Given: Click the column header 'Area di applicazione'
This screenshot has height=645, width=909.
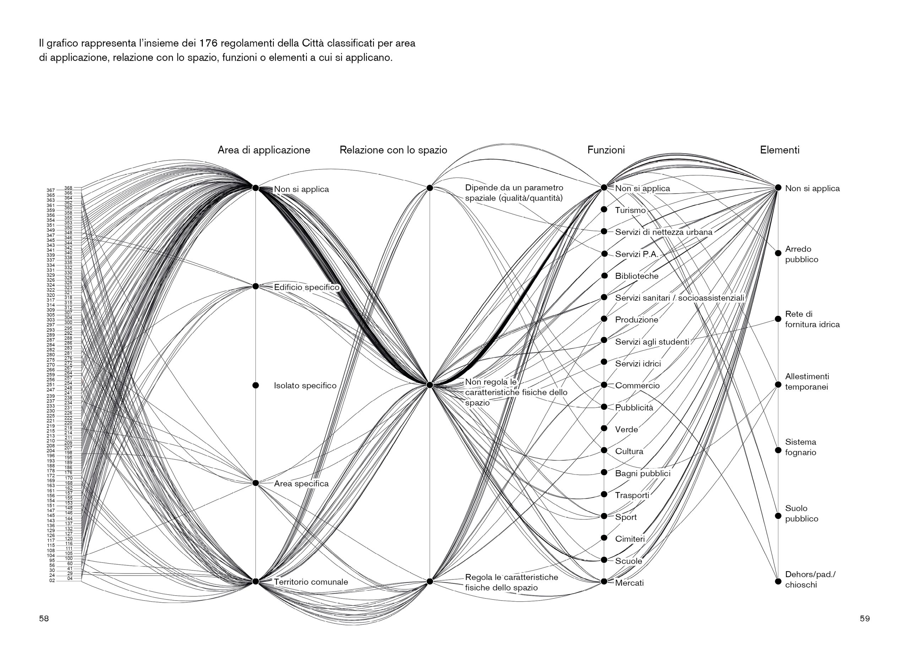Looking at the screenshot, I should [263, 150].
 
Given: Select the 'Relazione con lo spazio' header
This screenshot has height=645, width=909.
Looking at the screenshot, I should [393, 150].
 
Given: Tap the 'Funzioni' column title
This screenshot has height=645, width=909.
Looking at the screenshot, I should [606, 150].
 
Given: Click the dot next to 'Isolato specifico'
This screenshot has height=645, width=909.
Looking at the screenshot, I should [256, 385].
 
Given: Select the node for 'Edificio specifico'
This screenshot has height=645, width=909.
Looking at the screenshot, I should [256, 286].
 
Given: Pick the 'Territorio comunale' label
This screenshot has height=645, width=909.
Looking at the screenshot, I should [311, 582].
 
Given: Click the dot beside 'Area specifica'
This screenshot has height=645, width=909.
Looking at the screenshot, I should [256, 483].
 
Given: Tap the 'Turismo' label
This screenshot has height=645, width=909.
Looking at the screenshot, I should [630, 211].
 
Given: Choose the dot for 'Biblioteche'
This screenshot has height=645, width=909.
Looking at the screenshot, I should [604, 276].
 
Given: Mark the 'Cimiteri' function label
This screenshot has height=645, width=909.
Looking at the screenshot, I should [630, 539].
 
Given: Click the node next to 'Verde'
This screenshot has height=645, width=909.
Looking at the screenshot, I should [604, 429].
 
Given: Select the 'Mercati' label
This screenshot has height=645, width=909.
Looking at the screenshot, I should [629, 583].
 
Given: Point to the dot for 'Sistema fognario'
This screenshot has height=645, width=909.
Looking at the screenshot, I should [778, 450].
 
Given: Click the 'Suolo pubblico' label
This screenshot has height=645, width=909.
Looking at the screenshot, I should [801, 513].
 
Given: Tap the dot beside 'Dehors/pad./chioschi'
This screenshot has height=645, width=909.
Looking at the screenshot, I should [778, 581].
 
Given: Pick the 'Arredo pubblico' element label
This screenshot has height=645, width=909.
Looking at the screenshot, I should [801, 254].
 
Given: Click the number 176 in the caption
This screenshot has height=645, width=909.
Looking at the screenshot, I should [208, 43].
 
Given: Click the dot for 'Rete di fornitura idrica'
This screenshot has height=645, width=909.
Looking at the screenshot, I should [778, 319].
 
